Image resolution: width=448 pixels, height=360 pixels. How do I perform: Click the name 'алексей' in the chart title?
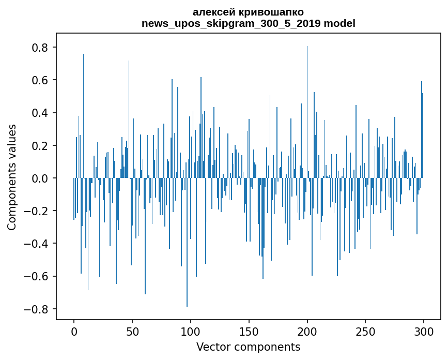(212, 12)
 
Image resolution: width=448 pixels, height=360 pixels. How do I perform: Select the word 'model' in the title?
(339, 23)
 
